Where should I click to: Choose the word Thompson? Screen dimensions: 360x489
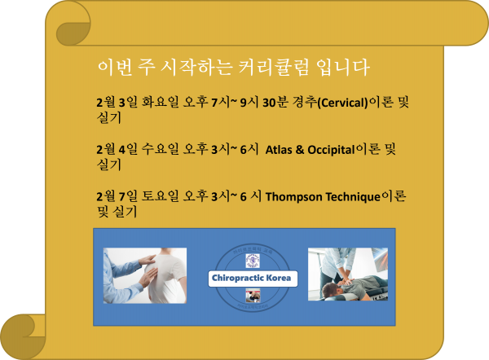coord(297,196)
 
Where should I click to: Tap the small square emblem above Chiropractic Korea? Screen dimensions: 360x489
coord(253,261)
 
